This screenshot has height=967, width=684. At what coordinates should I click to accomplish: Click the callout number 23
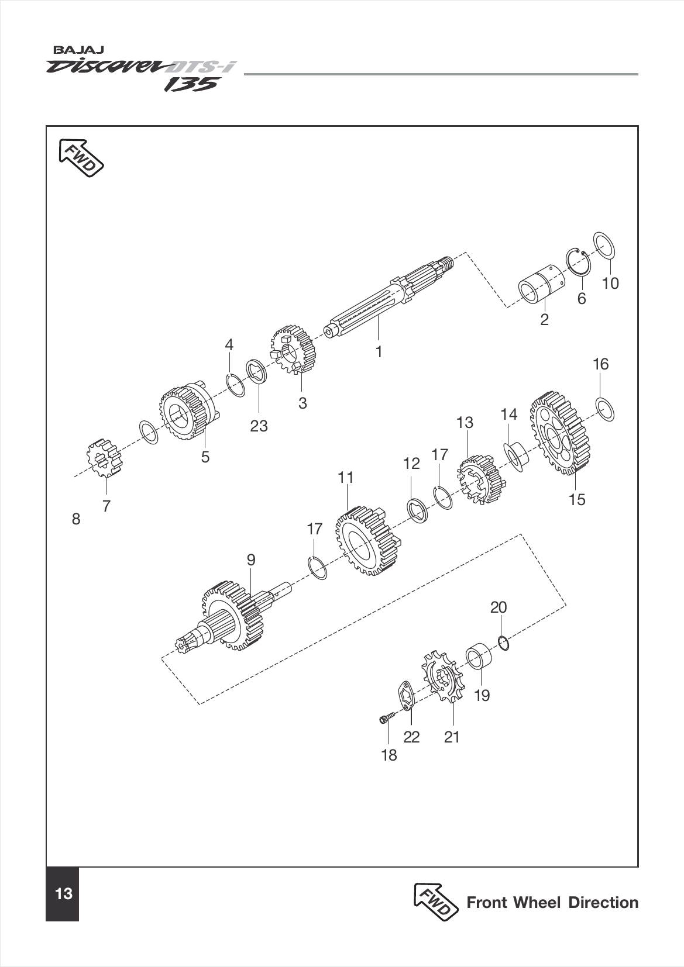point(259,426)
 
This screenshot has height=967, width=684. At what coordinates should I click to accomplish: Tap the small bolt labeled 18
point(384,719)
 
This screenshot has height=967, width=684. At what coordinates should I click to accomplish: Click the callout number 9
point(251,560)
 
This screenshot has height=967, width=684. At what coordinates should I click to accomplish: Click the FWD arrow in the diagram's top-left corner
point(81,157)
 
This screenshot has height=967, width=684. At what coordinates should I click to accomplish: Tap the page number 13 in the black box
point(63,894)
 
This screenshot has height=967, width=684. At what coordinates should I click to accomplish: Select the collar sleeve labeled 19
point(479,657)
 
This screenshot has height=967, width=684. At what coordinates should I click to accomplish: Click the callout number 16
point(600,364)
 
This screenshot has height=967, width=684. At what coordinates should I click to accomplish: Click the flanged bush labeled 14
point(516,456)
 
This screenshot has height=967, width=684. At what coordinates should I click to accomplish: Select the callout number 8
point(76,519)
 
